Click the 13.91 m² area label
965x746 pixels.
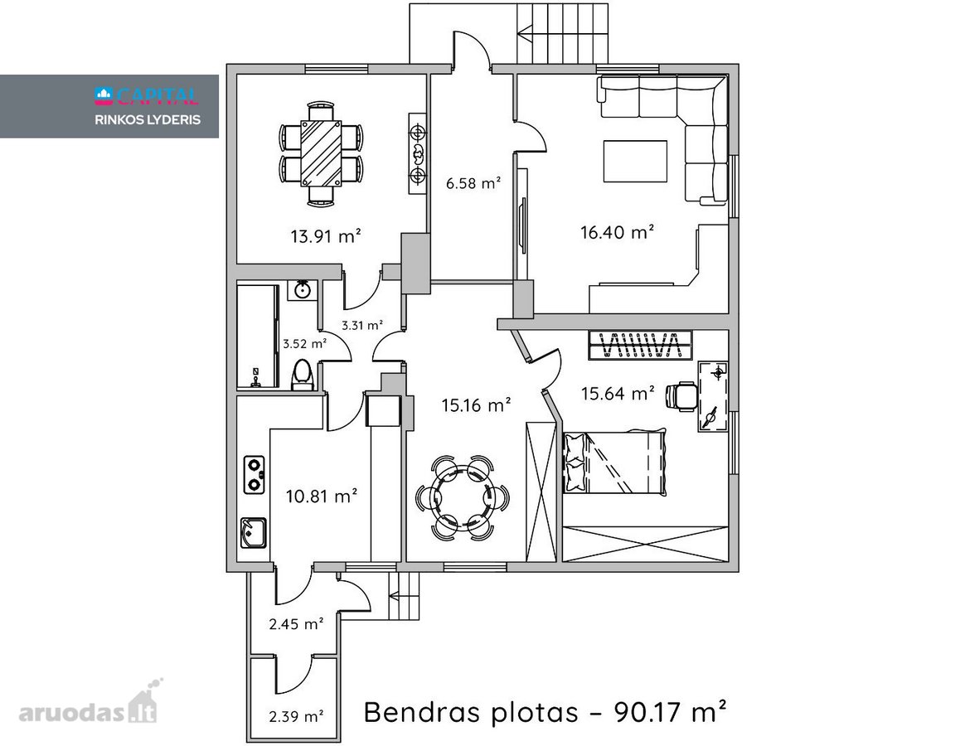click(x=326, y=235)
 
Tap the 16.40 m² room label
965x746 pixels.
click(x=618, y=232)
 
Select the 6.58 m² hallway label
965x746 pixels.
click(x=473, y=183)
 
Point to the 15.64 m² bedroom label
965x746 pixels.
click(x=618, y=394)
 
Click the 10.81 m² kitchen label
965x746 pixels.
click(x=322, y=496)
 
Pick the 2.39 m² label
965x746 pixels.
click(x=297, y=716)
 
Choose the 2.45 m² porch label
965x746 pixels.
click(x=297, y=624)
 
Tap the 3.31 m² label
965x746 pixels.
click(x=362, y=325)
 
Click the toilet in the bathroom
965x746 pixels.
click(x=302, y=374)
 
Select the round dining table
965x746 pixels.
click(x=463, y=497)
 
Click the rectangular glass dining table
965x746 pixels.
click(x=321, y=153)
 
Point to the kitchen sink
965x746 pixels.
click(x=253, y=533)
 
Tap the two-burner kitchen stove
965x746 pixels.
click(x=254, y=475)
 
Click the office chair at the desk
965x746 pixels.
click(x=682, y=395)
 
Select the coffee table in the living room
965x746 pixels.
click(x=635, y=162)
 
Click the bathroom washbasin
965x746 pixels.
click(x=302, y=289)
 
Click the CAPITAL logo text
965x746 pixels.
click(x=147, y=94)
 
